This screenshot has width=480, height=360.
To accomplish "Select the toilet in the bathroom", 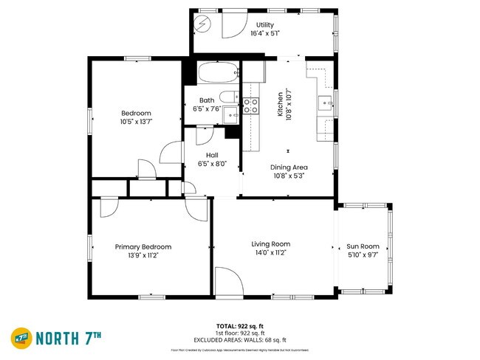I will [230, 96].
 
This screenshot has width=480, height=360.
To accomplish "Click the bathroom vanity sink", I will [232, 114].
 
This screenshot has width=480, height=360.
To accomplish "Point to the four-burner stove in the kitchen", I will [252, 105].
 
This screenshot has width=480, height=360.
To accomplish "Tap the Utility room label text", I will [264, 25].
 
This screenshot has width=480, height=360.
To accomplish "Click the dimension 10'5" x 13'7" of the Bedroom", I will [136, 122].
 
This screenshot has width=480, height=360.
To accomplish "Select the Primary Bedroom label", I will [143, 247].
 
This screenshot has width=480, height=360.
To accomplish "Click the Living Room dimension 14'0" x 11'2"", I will [270, 252].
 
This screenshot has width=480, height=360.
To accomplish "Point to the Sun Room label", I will [363, 246].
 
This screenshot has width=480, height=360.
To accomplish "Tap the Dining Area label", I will [289, 167].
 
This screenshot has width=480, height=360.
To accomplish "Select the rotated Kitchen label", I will [280, 104].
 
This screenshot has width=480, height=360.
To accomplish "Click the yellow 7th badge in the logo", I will [21, 337].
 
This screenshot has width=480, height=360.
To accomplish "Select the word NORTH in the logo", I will [61, 338].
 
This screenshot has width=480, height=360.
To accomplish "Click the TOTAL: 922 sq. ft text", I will [240, 325].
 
